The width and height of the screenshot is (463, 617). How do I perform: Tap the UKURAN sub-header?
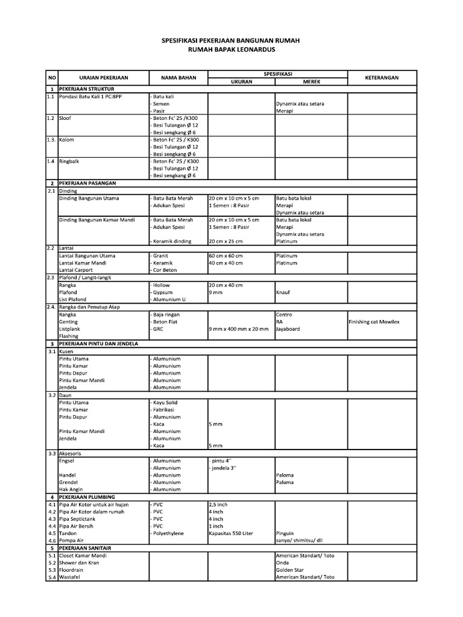[x=241, y=81]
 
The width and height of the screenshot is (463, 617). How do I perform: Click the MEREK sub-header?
[x=311, y=81]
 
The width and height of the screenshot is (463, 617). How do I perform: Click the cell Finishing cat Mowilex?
[x=374, y=322]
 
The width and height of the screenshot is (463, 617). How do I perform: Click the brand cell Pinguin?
[x=285, y=533]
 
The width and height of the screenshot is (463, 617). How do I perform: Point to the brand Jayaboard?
[x=288, y=329]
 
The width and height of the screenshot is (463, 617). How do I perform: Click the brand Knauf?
[x=283, y=292]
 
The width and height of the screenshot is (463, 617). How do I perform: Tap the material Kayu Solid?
[x=166, y=402]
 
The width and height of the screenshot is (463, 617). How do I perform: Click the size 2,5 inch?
[x=218, y=504]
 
